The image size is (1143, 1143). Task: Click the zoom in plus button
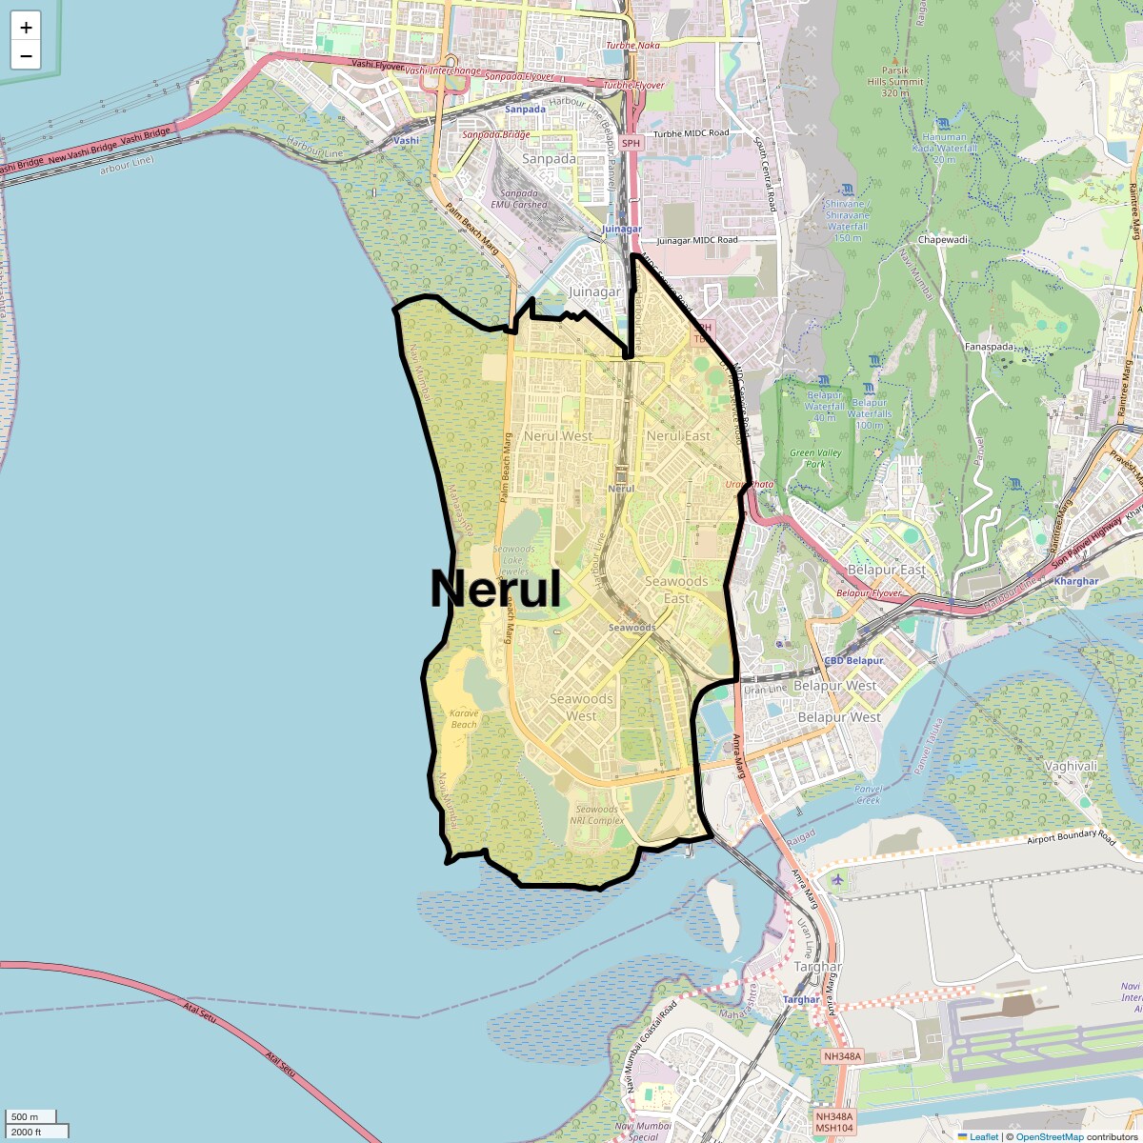pyautogui.click(x=26, y=28)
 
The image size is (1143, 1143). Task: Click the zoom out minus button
pyautogui.click(x=26, y=56)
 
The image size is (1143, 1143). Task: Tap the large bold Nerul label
pyautogui.click(x=495, y=589)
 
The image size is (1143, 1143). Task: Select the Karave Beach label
pyautogui.click(x=464, y=719)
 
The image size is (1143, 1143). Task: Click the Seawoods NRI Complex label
pyautogui.click(x=597, y=814)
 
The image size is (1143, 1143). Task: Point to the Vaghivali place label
pyautogui.click(x=1071, y=766)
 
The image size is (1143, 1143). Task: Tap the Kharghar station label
pyautogui.click(x=1076, y=581)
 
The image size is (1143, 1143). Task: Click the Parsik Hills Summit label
pyautogui.click(x=895, y=81)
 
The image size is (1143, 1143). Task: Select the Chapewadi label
pyautogui.click(x=943, y=240)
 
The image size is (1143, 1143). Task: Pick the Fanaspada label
pyautogui.click(x=989, y=347)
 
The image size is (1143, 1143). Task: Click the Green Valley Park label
pyautogui.click(x=815, y=458)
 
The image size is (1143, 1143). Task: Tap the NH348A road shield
pyautogui.click(x=842, y=1056)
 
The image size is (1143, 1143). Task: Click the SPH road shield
pyautogui.click(x=631, y=143)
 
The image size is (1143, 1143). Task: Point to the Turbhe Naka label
pyautogui.click(x=632, y=45)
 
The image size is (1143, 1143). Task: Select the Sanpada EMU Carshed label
pyautogui.click(x=519, y=198)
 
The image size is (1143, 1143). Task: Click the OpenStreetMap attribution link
pyautogui.click(x=1049, y=1136)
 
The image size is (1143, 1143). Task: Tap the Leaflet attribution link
pyautogui.click(x=984, y=1136)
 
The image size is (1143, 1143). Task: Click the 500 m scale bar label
pyautogui.click(x=26, y=1116)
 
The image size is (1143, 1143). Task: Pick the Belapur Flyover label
pyautogui.click(x=869, y=592)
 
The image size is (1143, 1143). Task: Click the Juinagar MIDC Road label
pyautogui.click(x=696, y=240)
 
